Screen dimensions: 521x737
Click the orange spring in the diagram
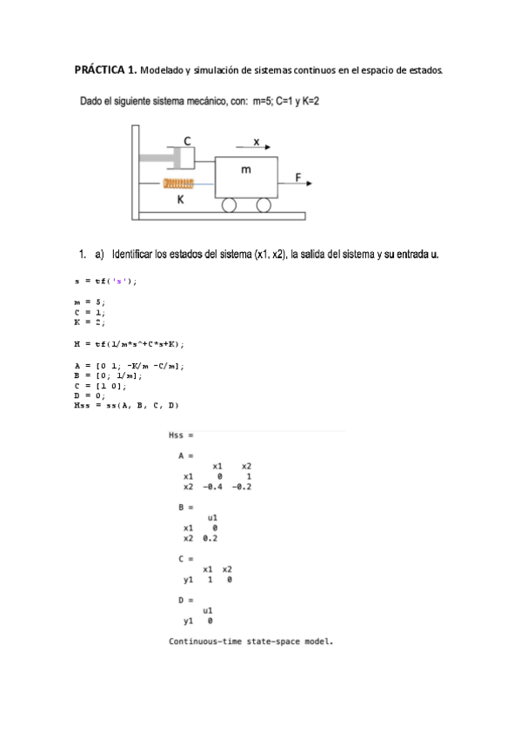[x=178, y=183]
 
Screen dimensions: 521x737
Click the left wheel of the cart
[x=230, y=205]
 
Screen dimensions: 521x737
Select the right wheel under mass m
[x=263, y=205]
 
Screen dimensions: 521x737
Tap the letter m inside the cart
[x=246, y=169]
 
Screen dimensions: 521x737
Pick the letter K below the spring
[x=181, y=199]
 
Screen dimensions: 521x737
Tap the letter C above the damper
[x=187, y=141]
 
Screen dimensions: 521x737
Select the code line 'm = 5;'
[x=90, y=301]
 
